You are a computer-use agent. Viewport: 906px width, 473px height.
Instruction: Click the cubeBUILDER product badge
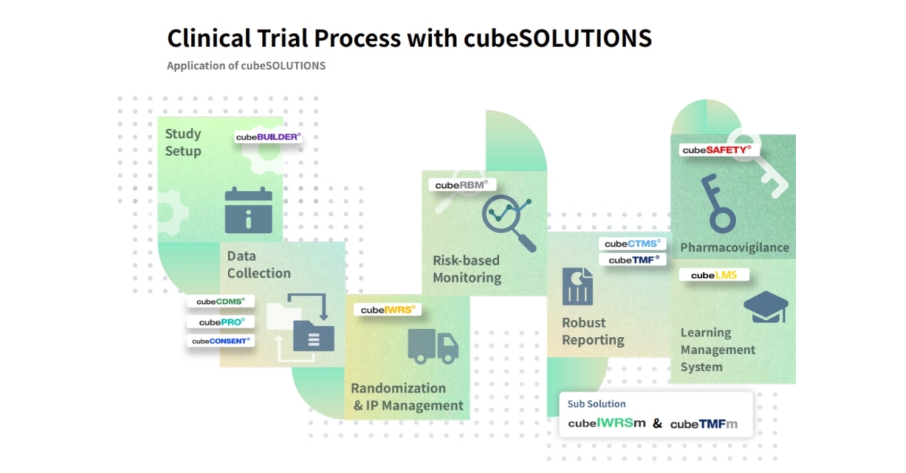pos(268,137)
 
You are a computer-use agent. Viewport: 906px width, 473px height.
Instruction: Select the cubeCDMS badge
pos(220,302)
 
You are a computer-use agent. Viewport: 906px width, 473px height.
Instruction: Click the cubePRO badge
pos(220,322)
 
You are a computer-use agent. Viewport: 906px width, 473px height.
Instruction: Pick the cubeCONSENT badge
pos(220,341)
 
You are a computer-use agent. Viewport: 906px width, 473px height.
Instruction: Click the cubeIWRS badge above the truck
pos(387,310)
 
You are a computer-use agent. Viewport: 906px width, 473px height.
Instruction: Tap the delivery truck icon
pos(433,346)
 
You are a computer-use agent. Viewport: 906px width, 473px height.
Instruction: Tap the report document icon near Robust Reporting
pos(578,287)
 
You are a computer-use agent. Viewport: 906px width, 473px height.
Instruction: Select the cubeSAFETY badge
pos(716,150)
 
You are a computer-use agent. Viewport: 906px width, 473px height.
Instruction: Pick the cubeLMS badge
pos(713,275)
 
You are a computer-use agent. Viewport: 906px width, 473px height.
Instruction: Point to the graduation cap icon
pos(765,307)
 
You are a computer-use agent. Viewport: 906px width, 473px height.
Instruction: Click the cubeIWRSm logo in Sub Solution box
pos(607,423)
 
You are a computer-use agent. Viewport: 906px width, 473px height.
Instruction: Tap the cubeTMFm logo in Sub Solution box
pos(704,424)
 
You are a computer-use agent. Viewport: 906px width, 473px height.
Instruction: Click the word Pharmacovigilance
pos(734,247)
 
